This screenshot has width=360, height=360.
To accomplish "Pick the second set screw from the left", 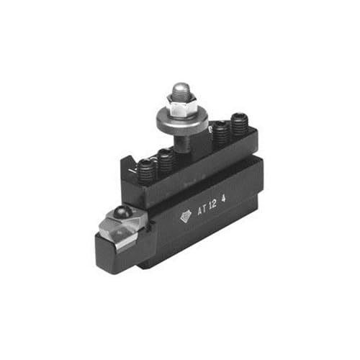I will click(166, 159).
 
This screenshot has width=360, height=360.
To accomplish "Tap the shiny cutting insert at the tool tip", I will click(115, 227).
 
